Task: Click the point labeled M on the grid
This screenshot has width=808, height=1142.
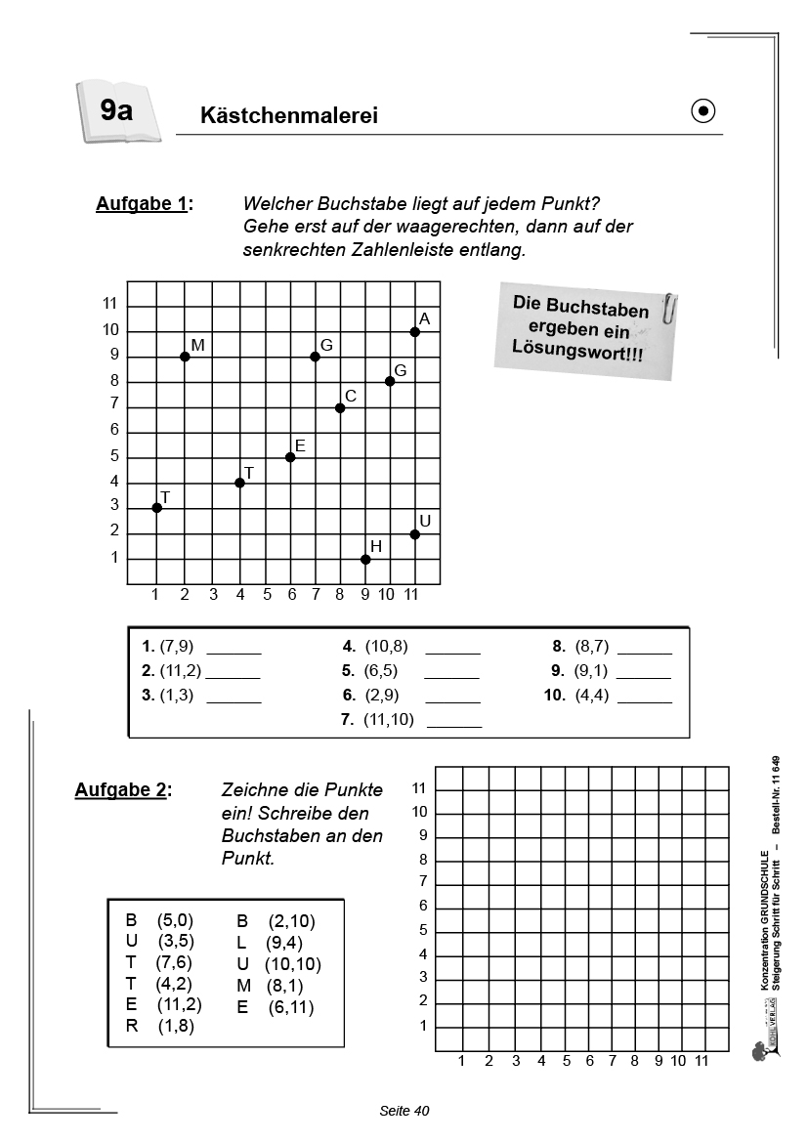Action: (185, 357)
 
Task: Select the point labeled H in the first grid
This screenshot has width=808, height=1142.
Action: (365, 560)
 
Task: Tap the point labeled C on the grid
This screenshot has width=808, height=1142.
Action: (340, 407)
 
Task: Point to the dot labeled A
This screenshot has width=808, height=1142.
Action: (415, 332)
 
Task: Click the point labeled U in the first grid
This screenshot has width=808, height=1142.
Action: (415, 534)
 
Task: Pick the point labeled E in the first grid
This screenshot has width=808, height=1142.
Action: (290, 457)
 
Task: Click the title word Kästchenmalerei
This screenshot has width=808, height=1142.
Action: (288, 116)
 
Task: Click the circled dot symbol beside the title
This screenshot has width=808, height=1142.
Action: (703, 112)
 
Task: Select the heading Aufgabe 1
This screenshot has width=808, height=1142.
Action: (144, 204)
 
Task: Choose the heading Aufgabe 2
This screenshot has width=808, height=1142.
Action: (122, 789)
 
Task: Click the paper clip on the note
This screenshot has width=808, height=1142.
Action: (670, 308)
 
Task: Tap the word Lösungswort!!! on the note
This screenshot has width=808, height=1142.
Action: (576, 351)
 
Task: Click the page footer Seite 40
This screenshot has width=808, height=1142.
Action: (404, 1111)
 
